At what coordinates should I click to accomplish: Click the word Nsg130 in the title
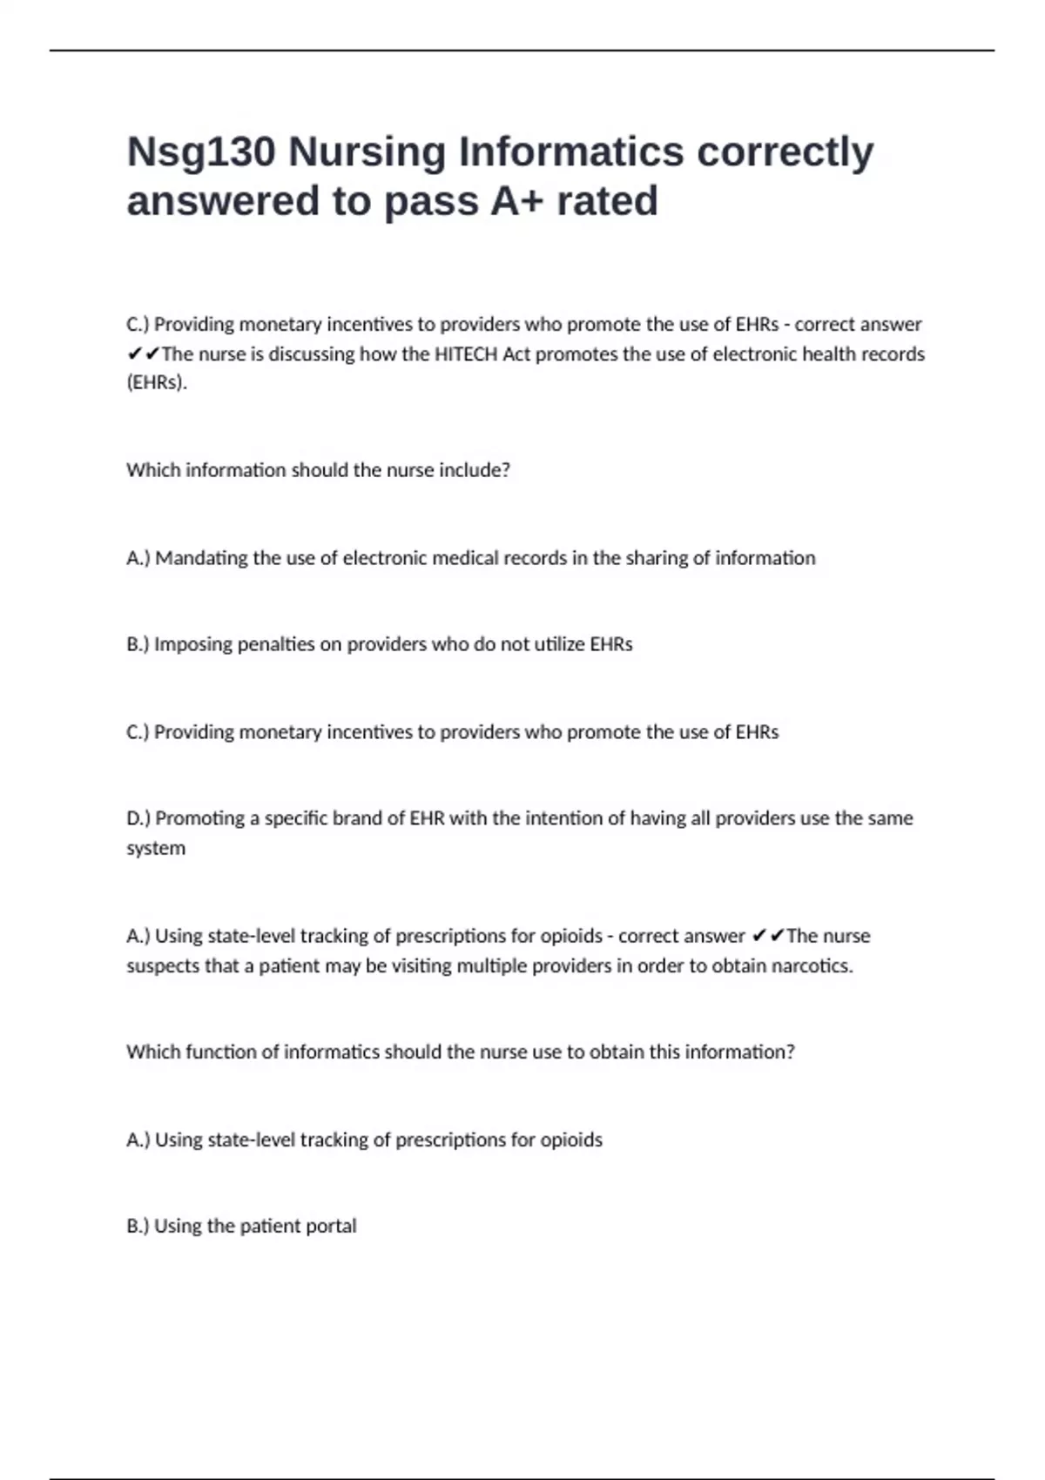201,152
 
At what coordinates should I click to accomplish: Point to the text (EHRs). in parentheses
157,383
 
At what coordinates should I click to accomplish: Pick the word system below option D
156,849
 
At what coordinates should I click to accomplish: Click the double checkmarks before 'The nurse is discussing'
143,354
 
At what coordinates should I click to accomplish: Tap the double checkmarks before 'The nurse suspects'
768,937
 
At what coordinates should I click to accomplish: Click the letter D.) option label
138,818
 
